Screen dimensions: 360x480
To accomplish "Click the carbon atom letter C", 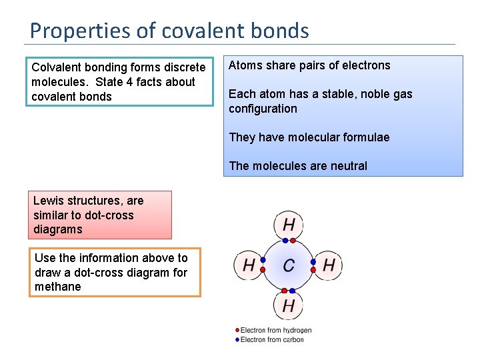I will [x=289, y=265].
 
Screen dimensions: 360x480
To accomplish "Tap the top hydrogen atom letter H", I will [x=289, y=225].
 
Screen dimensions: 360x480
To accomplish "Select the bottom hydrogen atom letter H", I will [x=289, y=306].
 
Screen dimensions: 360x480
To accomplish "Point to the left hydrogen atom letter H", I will [x=248, y=265].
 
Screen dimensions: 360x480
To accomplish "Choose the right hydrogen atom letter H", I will [x=329, y=265].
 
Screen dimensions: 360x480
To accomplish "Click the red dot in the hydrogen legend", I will [x=237, y=330].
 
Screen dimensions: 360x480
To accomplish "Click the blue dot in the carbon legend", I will [x=237, y=340].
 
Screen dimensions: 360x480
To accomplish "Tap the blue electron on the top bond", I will [x=292, y=241].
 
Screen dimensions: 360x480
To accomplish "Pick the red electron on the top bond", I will [x=285, y=241].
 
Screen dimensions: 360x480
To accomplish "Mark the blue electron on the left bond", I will [x=263, y=261].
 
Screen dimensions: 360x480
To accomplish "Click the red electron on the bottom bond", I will [x=292, y=291].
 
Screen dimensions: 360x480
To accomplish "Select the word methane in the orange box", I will [x=58, y=287].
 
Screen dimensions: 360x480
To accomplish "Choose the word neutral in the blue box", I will [x=347, y=166].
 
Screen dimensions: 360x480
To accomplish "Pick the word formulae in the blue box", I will [x=365, y=137].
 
